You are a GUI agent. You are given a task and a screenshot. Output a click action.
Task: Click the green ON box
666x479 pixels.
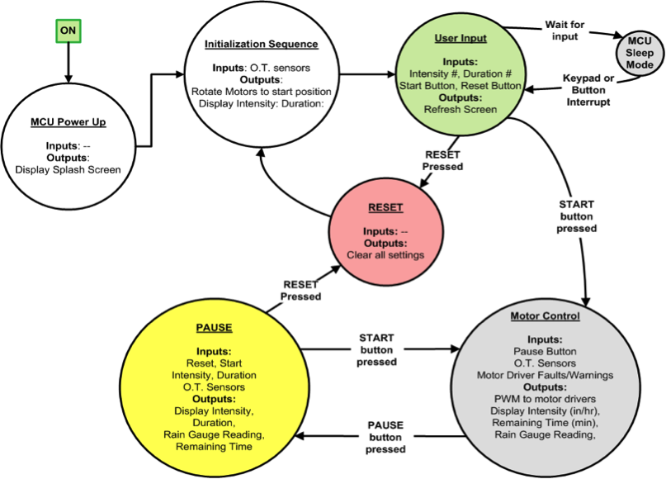[x=67, y=31]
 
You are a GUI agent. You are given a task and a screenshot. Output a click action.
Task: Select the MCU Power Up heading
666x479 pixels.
[x=67, y=124]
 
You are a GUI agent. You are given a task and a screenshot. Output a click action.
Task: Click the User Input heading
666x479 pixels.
[x=461, y=38]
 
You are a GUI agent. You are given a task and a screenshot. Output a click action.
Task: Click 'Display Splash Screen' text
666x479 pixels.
[x=67, y=170]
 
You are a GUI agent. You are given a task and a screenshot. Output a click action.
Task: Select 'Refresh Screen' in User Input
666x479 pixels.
[x=461, y=108]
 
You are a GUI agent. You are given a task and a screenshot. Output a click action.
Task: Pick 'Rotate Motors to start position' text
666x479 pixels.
[x=261, y=91]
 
